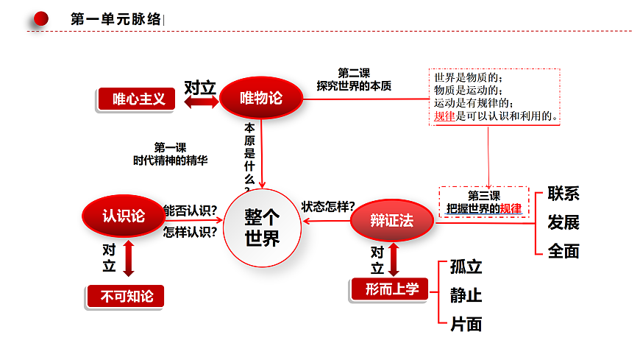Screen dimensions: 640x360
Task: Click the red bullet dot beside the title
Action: point(40,19)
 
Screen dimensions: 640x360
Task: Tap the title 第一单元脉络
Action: point(116,19)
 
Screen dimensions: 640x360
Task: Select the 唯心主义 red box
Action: point(137,99)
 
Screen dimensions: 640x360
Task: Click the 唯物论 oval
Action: point(261,98)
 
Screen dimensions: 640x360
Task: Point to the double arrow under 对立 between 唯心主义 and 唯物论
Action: point(202,102)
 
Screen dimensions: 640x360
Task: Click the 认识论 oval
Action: point(124,216)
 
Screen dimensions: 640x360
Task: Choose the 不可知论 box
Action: point(126,296)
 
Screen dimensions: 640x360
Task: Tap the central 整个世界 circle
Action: point(262,227)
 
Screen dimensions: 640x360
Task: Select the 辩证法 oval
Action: point(392,221)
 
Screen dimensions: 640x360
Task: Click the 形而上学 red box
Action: point(390,289)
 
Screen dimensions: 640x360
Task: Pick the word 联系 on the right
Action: point(563,194)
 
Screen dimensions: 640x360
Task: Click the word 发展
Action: point(563,223)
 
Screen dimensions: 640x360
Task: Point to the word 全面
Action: point(563,251)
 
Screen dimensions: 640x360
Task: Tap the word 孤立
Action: point(466,267)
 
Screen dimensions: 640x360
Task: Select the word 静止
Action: point(466,295)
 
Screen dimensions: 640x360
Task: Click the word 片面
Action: point(466,325)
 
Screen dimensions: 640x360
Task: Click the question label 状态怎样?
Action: point(328,207)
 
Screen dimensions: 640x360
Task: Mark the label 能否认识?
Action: point(191,211)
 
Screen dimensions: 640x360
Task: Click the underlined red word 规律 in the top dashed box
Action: point(444,116)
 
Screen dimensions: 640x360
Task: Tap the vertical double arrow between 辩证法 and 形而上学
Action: point(394,260)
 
